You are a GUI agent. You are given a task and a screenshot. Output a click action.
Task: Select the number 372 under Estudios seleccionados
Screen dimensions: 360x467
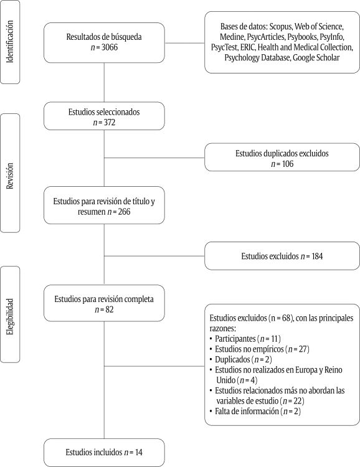tap(108, 123)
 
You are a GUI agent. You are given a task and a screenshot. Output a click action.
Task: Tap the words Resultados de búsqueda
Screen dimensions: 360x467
tap(104, 37)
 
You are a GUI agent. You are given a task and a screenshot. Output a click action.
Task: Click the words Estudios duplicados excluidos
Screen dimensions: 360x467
tap(281, 153)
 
